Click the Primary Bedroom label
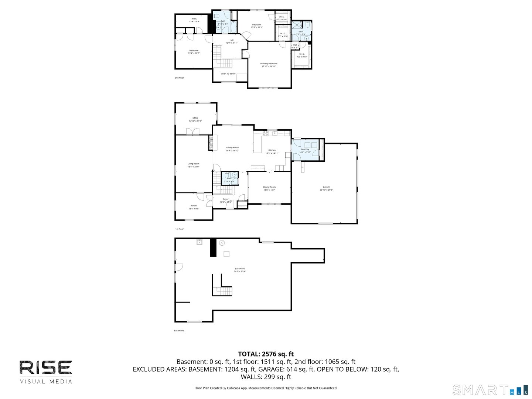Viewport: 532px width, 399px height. click(x=269, y=64)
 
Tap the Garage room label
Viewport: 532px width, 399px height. click(x=326, y=187)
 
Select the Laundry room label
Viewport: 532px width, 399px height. click(x=305, y=149)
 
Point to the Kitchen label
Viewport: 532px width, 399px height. click(x=272, y=150)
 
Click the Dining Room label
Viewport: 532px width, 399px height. click(x=269, y=187)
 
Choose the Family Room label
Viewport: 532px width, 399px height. click(x=232, y=147)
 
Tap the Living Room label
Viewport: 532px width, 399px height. click(x=193, y=164)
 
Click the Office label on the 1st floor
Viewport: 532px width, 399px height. click(x=195, y=118)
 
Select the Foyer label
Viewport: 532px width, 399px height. click(x=226, y=199)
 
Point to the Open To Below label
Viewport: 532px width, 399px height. click(x=228, y=74)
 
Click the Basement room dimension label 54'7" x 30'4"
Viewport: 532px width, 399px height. click(x=240, y=272)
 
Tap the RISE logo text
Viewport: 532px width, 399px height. click(x=46, y=368)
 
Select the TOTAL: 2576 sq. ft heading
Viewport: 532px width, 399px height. click(x=266, y=354)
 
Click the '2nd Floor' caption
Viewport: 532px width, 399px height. click(x=179, y=78)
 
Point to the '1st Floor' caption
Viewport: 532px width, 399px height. click(x=179, y=229)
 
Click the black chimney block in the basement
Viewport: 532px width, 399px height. click(x=213, y=248)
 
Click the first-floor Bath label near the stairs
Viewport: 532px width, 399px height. click(x=229, y=178)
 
